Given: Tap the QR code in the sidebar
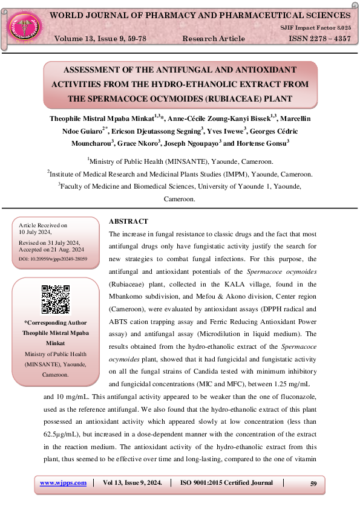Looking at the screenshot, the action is click(55, 299).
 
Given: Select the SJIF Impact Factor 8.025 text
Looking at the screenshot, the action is click(315, 28).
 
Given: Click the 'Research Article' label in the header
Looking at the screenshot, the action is click(214, 39).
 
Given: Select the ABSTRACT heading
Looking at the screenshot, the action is click(128, 221).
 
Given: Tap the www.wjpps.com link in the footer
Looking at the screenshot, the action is click(63, 482).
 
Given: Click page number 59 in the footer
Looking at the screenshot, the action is click(313, 483).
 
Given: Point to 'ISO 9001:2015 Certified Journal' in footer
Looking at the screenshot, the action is click(226, 482).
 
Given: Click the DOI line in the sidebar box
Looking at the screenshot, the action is click(53, 259).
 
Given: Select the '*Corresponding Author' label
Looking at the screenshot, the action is click(55, 323).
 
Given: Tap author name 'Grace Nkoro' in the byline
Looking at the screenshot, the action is click(140, 143).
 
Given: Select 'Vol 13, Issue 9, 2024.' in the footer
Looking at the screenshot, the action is click(132, 482).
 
